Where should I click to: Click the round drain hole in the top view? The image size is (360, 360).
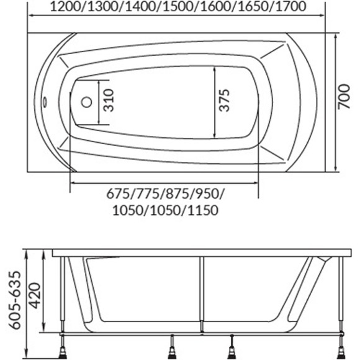[87, 101]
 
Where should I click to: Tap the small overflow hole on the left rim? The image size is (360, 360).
[45, 101]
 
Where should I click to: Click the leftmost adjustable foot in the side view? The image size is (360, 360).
[65, 349]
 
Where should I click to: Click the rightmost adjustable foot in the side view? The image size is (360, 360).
[341, 349]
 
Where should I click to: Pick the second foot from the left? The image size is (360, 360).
[171, 349]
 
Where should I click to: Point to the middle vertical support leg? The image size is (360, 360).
[201, 292]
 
